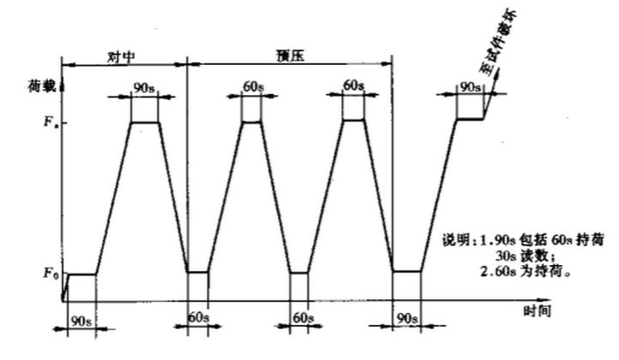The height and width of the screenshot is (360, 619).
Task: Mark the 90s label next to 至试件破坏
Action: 469,87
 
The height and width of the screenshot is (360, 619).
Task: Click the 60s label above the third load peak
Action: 353,86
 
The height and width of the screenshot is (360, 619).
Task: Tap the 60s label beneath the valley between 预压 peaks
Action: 302,317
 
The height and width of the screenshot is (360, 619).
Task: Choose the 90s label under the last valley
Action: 405,318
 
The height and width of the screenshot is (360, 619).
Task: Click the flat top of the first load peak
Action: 144,122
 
